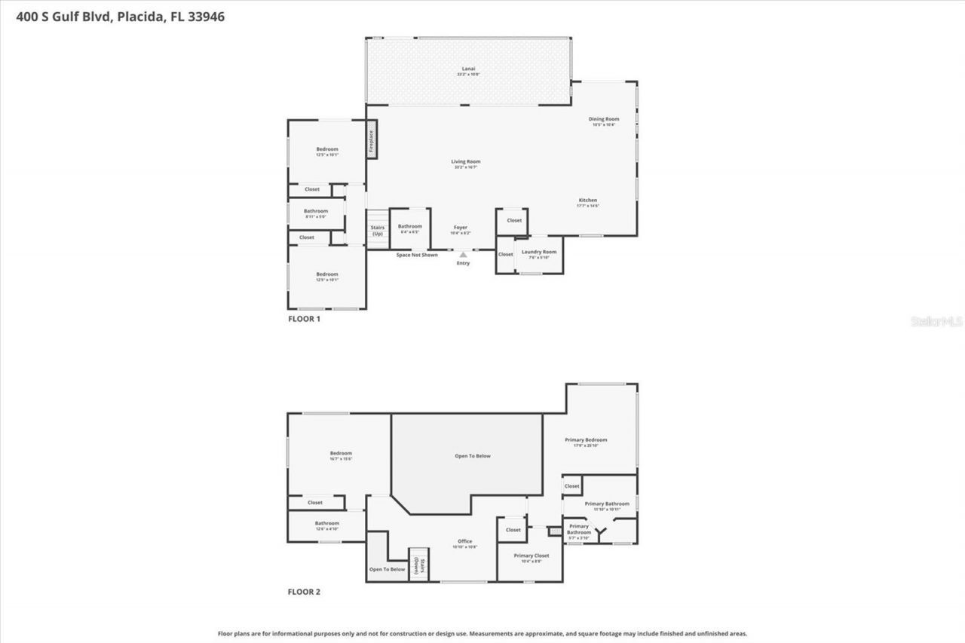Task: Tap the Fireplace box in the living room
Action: tap(371, 142)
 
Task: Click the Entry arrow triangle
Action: tap(463, 255)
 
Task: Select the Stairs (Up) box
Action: tap(378, 230)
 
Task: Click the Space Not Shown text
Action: tap(417, 255)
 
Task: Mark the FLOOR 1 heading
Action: tap(305, 319)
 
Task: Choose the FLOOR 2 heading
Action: tap(305, 592)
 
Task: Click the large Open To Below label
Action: tap(473, 456)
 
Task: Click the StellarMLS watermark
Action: tap(937, 321)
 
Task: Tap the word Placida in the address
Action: tap(139, 17)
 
